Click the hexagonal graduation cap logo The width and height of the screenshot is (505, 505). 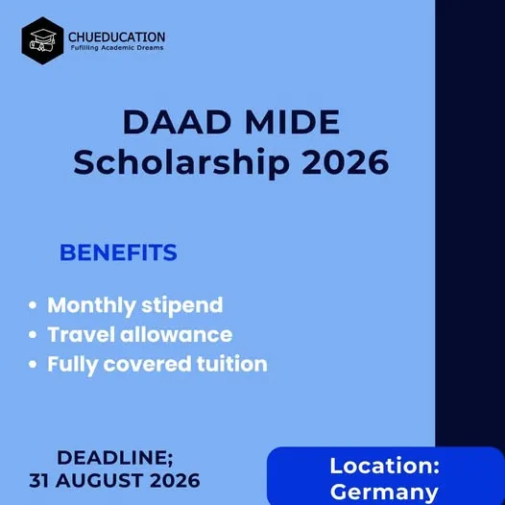point(42,41)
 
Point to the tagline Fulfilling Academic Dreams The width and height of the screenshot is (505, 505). point(115,48)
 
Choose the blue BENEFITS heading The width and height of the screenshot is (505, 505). point(118,252)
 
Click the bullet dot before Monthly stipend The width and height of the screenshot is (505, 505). point(34,306)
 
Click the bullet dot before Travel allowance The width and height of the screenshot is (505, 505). point(34,335)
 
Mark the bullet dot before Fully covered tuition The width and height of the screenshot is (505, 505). point(34,365)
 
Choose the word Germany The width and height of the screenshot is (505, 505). point(384,492)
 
